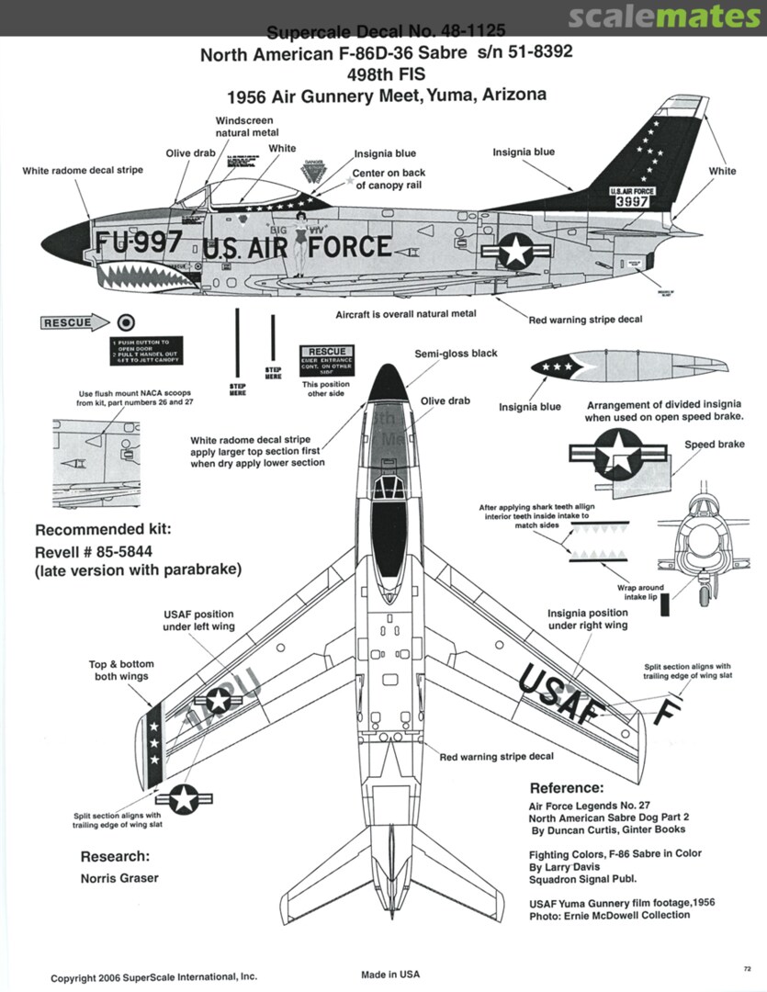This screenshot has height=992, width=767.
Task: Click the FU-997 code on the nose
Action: tap(139, 242)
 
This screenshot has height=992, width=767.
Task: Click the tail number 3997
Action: tap(634, 202)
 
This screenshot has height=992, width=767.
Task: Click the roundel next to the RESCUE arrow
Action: tap(127, 322)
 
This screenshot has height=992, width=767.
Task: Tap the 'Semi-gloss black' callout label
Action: tap(456, 354)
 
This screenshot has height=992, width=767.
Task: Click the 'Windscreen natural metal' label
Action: tap(244, 127)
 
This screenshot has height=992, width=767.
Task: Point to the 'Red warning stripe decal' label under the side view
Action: tap(585, 320)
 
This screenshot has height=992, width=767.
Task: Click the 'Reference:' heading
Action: tap(567, 788)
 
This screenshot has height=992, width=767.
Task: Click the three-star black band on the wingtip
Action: tap(154, 735)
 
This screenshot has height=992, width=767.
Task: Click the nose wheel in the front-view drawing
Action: tap(704, 597)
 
